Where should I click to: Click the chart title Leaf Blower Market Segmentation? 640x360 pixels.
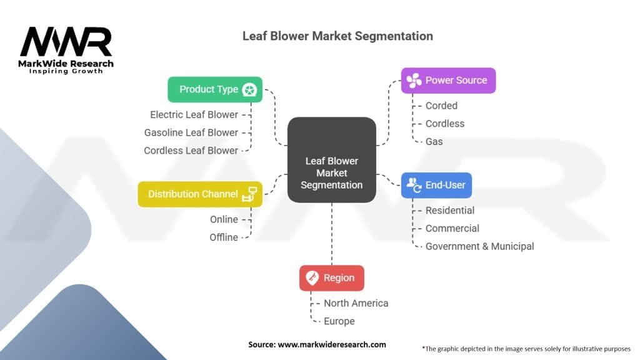tap(337, 36)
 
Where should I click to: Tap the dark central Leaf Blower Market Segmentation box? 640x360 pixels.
tap(331, 161)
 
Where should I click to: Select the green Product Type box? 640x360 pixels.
tap(215, 89)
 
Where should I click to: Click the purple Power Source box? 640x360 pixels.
tap(448, 81)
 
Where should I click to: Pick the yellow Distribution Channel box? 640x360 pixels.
tap(200, 194)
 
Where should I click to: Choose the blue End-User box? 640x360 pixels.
tap(436, 185)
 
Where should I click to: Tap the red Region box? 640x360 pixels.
tap(331, 278)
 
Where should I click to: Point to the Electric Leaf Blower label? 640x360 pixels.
tap(194, 114)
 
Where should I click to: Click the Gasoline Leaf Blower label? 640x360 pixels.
tap(191, 132)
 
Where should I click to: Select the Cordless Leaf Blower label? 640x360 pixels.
tap(191, 151)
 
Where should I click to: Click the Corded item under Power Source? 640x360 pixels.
tap(441, 106)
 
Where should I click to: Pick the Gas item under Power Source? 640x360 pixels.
tap(434, 142)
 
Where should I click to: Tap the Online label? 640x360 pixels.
tap(224, 219)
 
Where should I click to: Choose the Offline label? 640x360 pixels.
tap(224, 237)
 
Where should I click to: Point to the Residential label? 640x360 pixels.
tap(449, 211)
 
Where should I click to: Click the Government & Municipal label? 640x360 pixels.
tap(479, 246)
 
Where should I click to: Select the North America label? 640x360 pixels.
tap(356, 303)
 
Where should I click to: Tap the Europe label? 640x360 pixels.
tap(339, 321)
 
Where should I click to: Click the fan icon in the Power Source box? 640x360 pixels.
tap(414, 81)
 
